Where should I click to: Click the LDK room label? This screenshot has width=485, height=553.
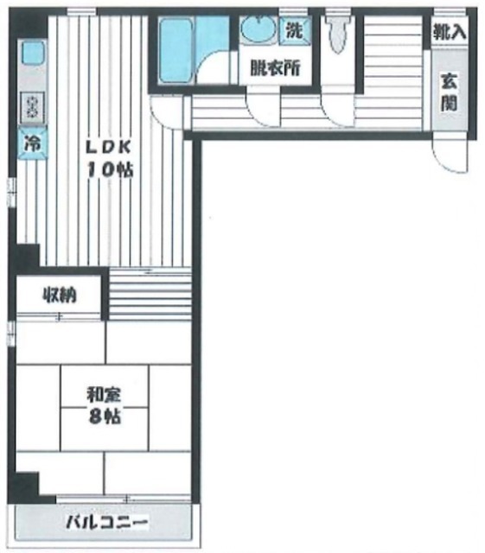click(109, 148)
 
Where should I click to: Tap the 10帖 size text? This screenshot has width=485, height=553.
click(110, 170)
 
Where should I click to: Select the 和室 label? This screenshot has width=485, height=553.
click(105, 395)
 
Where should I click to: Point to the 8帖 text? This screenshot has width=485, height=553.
click(105, 416)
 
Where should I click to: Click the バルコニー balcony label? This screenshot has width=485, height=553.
click(106, 522)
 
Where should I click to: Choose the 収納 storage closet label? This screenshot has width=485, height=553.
click(60, 295)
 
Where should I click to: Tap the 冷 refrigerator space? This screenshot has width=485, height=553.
click(32, 143)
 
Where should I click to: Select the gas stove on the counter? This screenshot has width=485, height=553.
click(32, 107)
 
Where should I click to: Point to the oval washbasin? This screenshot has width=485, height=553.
click(258, 29)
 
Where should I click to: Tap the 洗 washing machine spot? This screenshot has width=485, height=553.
click(295, 29)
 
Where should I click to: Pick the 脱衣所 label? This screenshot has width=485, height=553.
click(275, 68)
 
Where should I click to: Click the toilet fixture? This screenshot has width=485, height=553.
click(338, 34)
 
